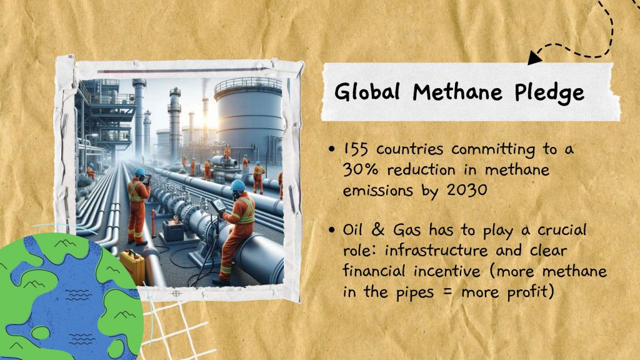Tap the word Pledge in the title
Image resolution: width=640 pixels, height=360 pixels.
[x=549, y=94]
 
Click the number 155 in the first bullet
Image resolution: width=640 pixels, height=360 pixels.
[x=356, y=149]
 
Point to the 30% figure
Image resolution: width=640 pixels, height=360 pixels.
[x=361, y=169]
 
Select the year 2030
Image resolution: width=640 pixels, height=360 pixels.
[x=467, y=190]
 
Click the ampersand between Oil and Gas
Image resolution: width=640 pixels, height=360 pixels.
[x=378, y=230]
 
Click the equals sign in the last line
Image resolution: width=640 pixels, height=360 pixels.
[x=447, y=292]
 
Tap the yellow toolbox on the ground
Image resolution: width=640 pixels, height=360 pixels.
[x=132, y=267]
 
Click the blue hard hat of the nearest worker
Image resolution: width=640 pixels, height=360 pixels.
[x=237, y=186]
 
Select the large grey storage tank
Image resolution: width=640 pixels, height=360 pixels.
[x=249, y=118]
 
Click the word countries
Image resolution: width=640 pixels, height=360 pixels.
[x=409, y=149]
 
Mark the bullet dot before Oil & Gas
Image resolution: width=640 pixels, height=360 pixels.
[x=331, y=230]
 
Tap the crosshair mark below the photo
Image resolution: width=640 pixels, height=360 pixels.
[x=176, y=293]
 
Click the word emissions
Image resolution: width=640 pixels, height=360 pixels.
[x=377, y=190]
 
